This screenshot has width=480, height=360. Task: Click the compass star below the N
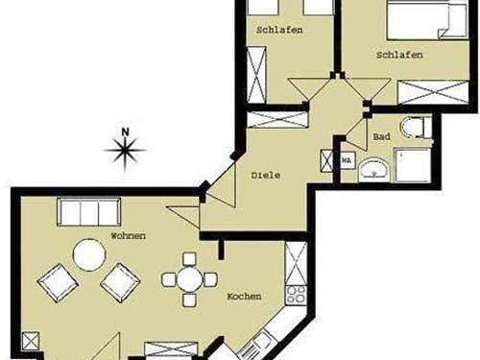(125, 149)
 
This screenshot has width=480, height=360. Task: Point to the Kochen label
(244, 297)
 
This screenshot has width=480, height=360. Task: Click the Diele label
(266, 176)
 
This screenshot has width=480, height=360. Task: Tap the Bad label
(380, 137)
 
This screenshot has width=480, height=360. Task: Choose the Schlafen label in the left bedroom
(279, 30)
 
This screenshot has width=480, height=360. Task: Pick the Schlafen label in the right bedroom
(398, 56)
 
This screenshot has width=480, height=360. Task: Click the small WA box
(347, 160)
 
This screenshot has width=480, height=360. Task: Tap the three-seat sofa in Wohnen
(88, 211)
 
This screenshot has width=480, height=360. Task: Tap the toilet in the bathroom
(415, 127)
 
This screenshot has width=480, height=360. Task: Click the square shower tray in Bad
(417, 166)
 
